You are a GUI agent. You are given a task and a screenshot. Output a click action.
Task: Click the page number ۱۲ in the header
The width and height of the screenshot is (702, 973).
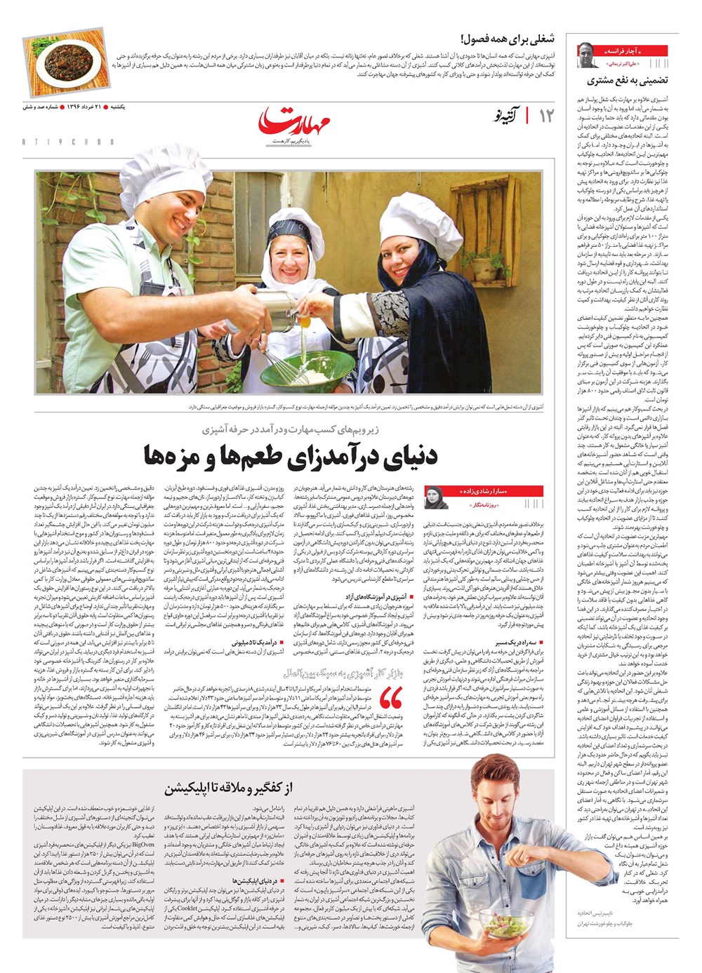point(545,116)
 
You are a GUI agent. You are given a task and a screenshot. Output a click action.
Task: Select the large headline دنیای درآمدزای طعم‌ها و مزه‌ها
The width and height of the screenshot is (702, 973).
point(291,455)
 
